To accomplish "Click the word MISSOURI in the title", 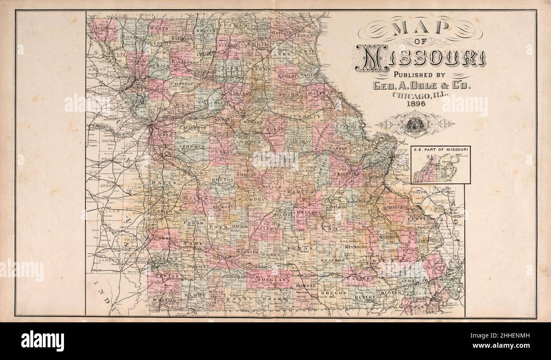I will tap(420, 58).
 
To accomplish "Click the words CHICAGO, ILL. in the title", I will tap(420, 95).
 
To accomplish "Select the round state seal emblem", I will tap(415, 125).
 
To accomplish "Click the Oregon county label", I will tap(334, 293).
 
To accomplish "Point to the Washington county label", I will tap(359, 202).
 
